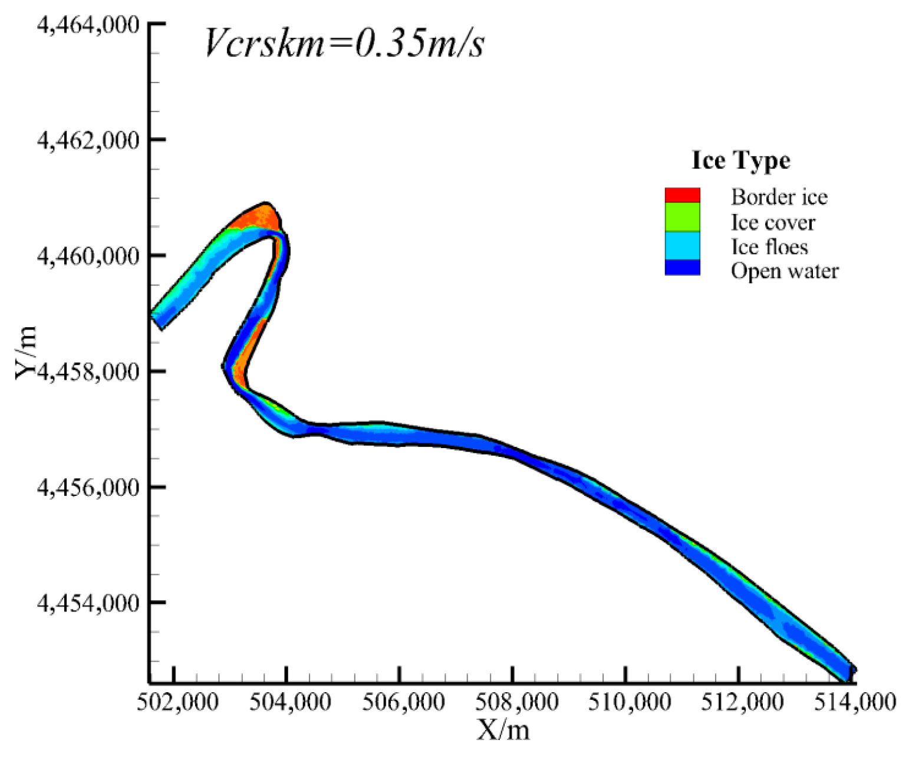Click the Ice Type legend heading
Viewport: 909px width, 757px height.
tap(740, 160)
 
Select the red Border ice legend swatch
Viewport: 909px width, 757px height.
tap(682, 195)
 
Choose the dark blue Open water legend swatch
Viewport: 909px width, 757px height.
tap(682, 268)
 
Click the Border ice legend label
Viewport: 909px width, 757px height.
tap(779, 197)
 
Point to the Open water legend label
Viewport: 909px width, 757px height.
tap(784, 271)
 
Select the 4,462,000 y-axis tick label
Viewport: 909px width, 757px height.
tap(88, 140)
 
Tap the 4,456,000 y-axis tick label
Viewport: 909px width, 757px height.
tap(88, 488)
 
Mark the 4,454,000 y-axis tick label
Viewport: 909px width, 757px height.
tap(88, 603)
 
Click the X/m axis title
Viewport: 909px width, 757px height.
tap(503, 731)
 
